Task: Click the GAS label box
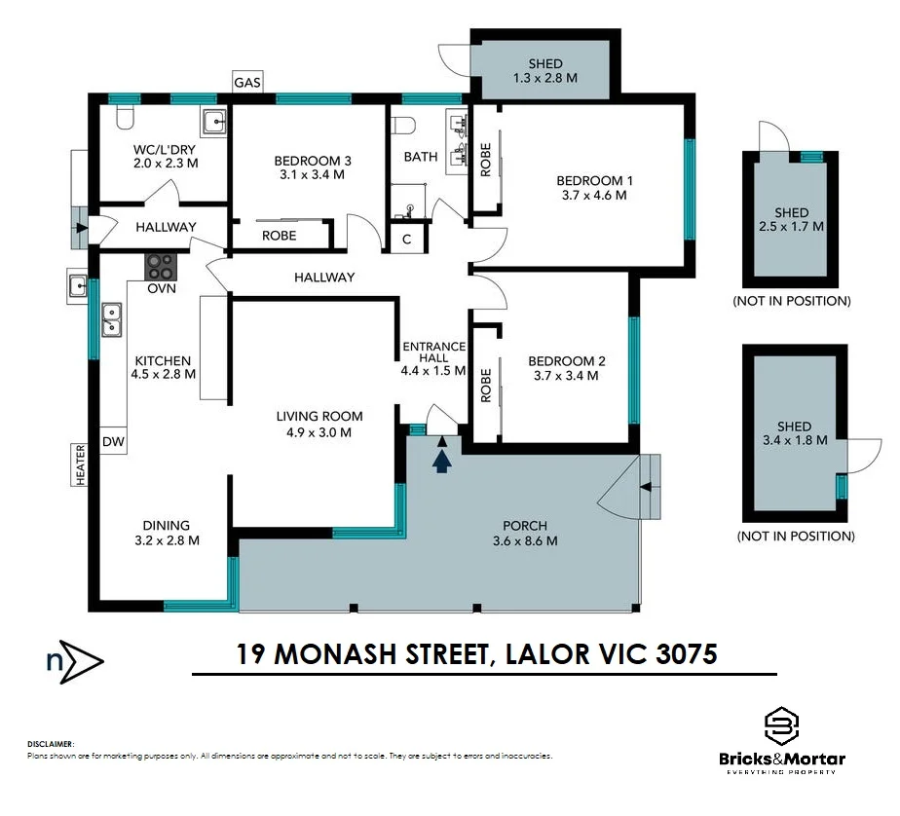247,82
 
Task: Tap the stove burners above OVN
161,267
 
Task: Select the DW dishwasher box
113,441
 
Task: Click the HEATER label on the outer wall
80,464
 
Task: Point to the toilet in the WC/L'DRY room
125,118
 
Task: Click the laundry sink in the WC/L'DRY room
213,122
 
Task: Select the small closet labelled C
407,239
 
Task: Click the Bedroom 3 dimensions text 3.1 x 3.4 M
313,174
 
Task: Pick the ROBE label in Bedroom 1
486,160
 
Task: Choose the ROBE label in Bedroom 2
486,385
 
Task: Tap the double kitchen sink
111,319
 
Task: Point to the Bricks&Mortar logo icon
782,725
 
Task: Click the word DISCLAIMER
51,744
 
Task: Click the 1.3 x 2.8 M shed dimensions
545,78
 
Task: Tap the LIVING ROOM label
319,416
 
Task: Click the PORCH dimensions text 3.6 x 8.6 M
525,540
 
